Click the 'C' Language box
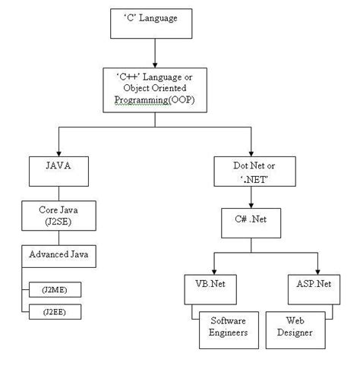(x=154, y=22)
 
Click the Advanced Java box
(x=58, y=256)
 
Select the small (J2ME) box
(x=55, y=289)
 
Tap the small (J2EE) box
(x=55, y=311)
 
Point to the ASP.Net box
(x=312, y=289)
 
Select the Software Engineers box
(x=227, y=327)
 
